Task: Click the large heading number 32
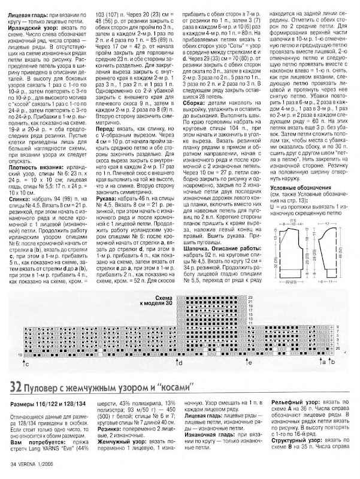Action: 12,384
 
